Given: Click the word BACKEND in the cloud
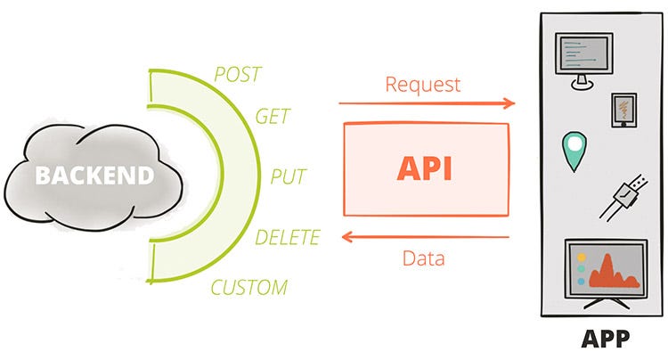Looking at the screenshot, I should (94, 175).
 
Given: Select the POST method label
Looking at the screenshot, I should (239, 73).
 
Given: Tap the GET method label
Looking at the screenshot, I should (273, 117).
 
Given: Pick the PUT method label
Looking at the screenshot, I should (289, 176).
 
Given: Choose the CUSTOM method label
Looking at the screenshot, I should (249, 287).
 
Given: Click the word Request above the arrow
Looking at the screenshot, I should (423, 85).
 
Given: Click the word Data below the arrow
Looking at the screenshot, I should (424, 259).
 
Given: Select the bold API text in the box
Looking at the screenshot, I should (425, 168).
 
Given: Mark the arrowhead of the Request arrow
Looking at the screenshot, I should (509, 103).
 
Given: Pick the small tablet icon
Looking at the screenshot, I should (622, 110).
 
